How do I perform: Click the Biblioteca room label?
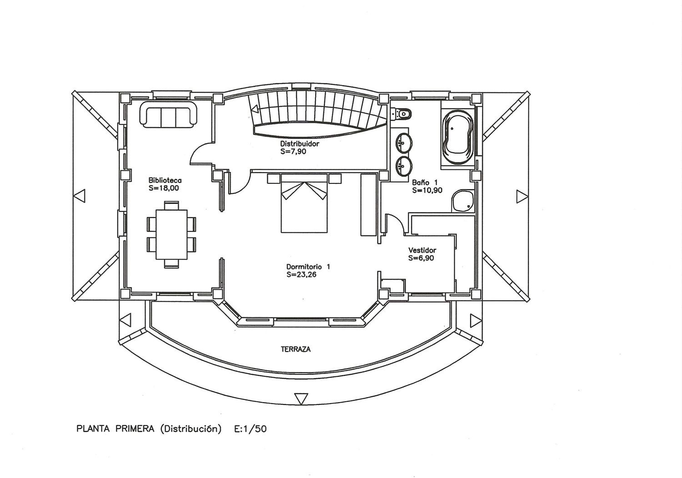tap(165, 180)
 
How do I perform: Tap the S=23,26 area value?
tap(301, 275)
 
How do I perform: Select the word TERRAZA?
tap(296, 350)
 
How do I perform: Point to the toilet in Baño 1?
tap(402, 114)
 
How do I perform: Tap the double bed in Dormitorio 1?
tap(304, 203)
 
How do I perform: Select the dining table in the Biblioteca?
tap(171, 234)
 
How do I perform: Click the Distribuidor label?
tap(300, 143)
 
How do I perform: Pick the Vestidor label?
tap(422, 250)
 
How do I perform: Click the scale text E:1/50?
tap(250, 429)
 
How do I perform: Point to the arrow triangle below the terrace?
tap(301, 399)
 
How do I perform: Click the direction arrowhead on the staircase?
tap(255, 109)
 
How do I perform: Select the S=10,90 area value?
tap(427, 190)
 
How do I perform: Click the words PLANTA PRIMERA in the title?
tap(115, 429)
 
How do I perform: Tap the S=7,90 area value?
tap(293, 152)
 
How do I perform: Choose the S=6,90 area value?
tap(421, 258)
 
